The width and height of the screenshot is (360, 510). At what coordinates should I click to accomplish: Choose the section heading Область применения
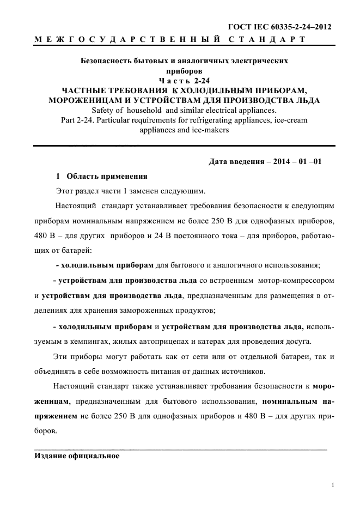(107, 177)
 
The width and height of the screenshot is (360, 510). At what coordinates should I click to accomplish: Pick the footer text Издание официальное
(77, 456)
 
